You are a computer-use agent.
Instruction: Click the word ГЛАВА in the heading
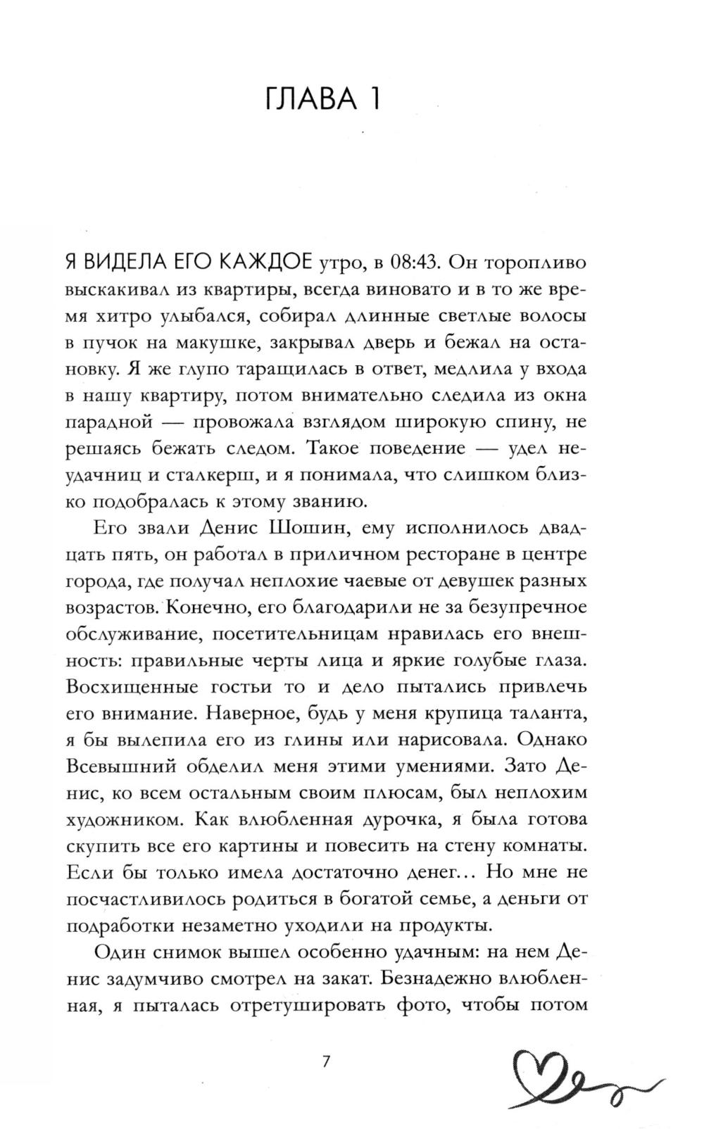click(307, 99)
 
